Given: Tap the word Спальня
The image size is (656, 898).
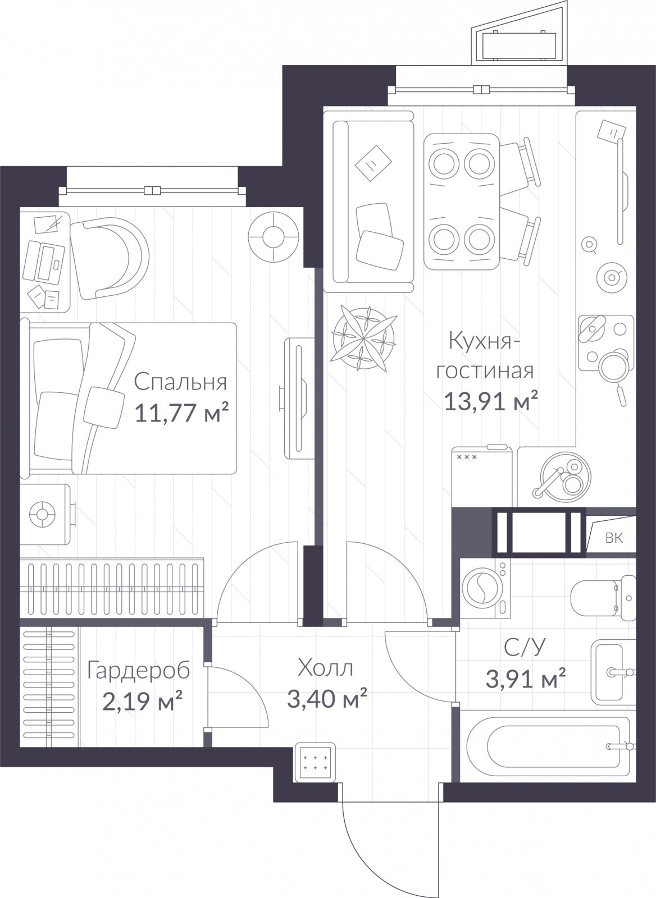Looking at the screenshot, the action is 180,382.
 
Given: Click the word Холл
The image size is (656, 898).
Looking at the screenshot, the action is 325,668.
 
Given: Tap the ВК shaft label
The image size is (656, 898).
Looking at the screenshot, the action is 614,538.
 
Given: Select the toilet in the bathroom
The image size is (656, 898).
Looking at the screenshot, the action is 603,598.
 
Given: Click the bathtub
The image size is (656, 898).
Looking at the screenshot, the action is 548,746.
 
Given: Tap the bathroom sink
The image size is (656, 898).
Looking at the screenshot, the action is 613,672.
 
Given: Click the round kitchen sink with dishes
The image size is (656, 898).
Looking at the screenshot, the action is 565,477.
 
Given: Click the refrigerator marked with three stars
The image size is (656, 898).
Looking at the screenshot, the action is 482,477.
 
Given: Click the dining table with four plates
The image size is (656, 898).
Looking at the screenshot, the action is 462,201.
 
